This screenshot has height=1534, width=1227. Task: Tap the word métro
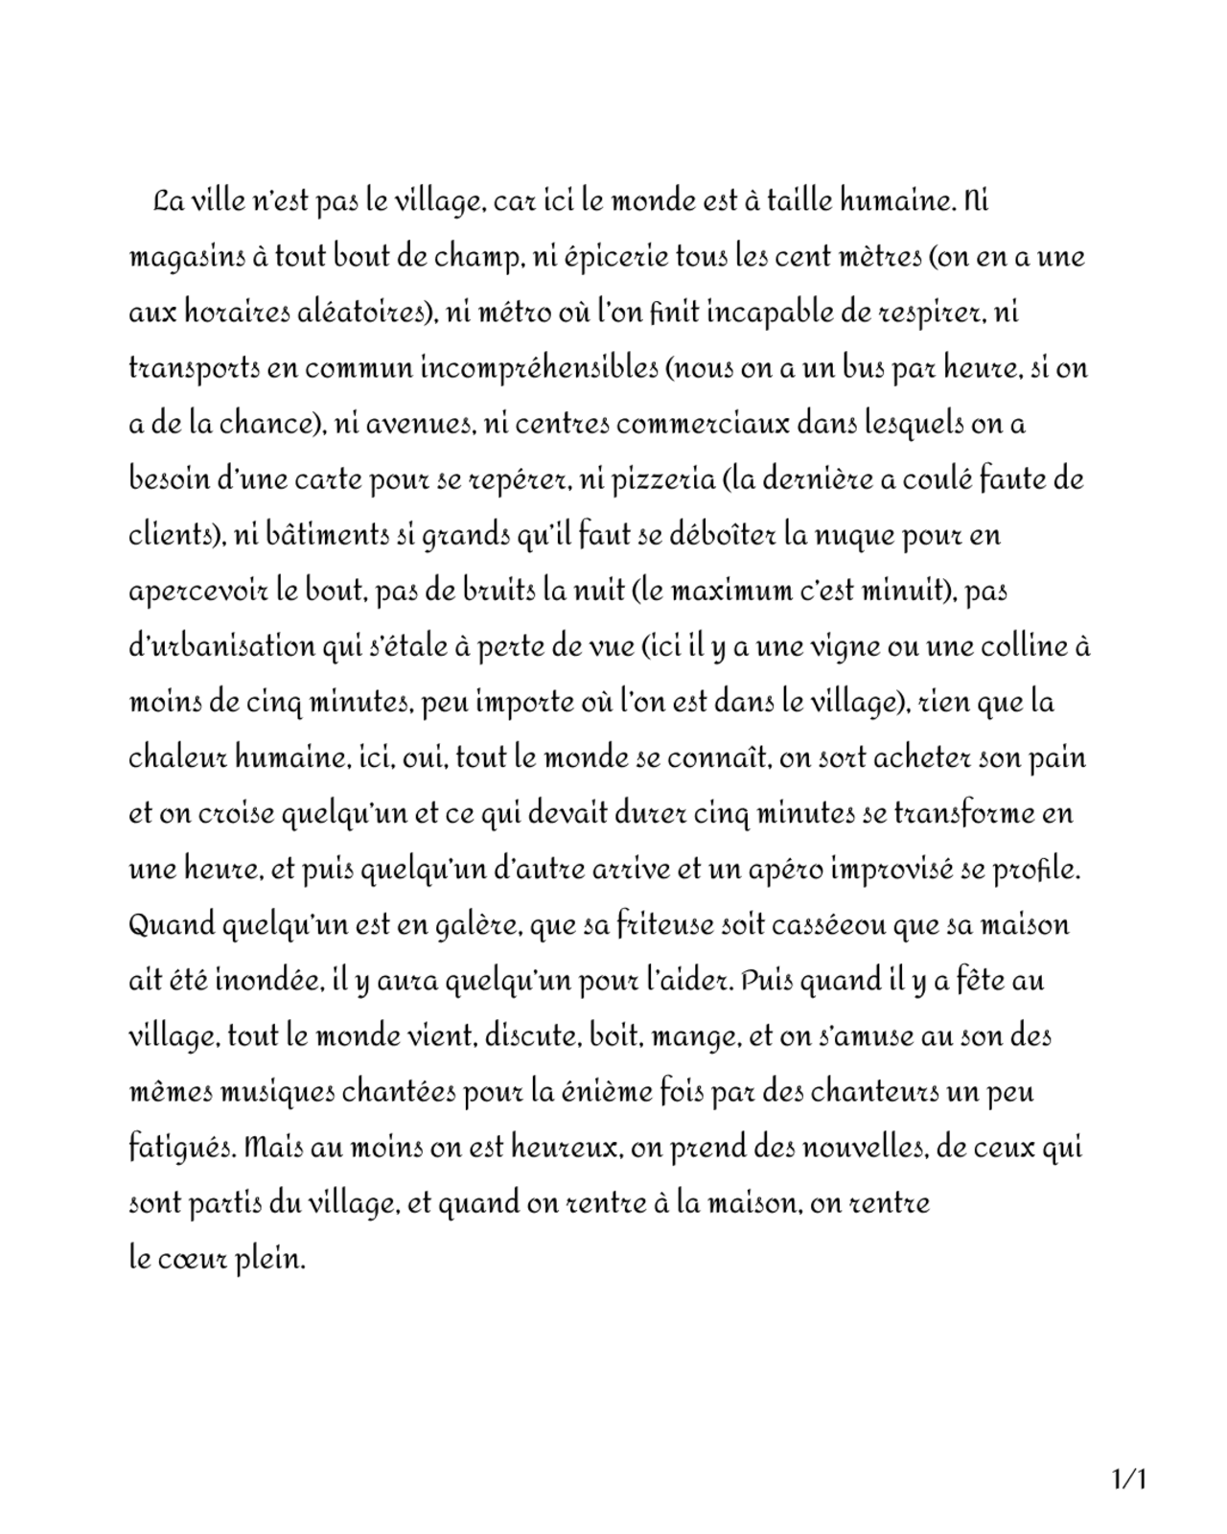tap(517, 314)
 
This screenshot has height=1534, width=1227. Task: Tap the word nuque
tap(854, 535)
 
